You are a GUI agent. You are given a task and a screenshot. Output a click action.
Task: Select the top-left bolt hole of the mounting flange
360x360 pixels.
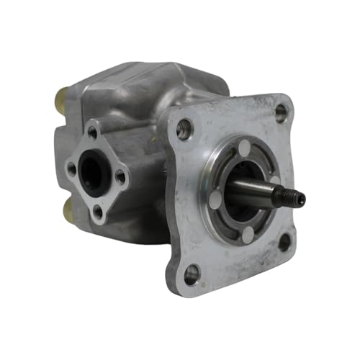click(x=185, y=130)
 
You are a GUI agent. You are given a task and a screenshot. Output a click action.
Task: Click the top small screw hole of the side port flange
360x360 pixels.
click(x=92, y=132)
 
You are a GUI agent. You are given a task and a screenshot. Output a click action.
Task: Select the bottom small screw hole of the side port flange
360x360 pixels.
click(x=98, y=210)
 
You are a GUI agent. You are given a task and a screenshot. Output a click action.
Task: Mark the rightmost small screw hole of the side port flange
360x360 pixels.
click(x=120, y=175)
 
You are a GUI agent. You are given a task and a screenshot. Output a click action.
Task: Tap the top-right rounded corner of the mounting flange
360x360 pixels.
click(x=288, y=101)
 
